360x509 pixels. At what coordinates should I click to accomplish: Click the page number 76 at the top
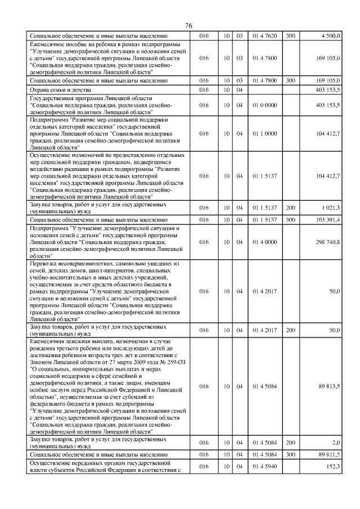(188, 26)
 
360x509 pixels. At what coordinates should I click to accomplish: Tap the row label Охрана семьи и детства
(60, 89)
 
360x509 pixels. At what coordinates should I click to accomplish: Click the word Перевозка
(46, 263)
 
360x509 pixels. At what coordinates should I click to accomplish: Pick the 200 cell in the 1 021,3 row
(290, 208)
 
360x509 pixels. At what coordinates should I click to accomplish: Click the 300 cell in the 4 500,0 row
(290, 35)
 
